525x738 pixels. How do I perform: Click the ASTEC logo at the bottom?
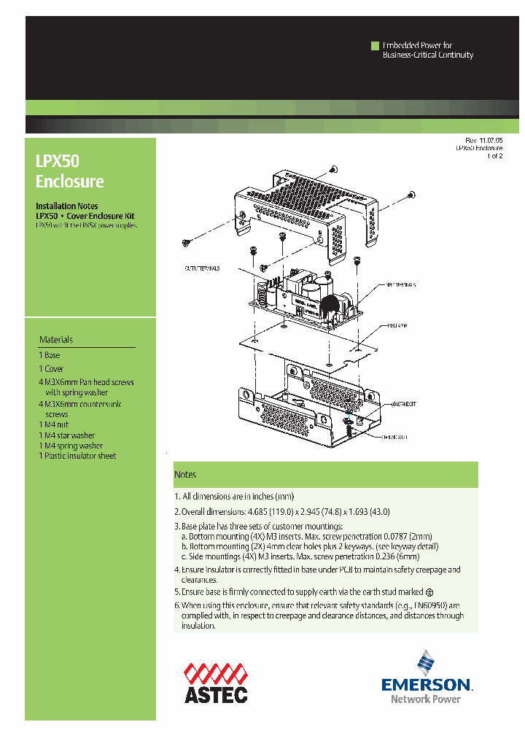click(215, 683)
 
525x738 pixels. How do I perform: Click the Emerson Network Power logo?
click(427, 678)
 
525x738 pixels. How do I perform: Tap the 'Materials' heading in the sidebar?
click(56, 340)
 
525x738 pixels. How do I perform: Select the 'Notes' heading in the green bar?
click(185, 475)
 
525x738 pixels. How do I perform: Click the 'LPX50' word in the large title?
click(57, 161)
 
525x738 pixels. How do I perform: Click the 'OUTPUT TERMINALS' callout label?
click(202, 268)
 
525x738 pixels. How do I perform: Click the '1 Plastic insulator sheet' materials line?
click(77, 456)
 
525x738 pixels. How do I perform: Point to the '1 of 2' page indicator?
click(494, 156)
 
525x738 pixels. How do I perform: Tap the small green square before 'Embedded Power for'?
click(376, 46)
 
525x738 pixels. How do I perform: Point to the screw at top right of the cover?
click(412, 194)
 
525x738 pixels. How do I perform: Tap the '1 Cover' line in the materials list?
click(51, 369)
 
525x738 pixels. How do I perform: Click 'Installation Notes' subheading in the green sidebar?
click(67, 206)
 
